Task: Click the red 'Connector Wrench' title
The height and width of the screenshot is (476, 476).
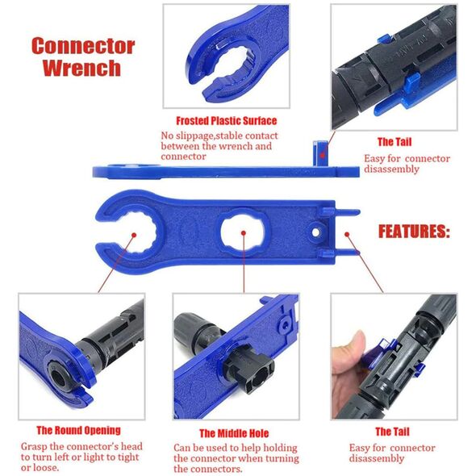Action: pyautogui.click(x=83, y=56)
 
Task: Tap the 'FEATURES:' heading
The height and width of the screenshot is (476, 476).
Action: pyautogui.click(x=414, y=232)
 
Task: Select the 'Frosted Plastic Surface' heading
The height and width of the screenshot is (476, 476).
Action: pyautogui.click(x=227, y=121)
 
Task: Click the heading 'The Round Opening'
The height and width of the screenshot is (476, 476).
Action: pyautogui.click(x=78, y=431)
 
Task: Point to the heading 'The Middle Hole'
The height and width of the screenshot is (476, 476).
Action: pyautogui.click(x=234, y=433)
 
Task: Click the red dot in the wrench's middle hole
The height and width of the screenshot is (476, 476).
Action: pyautogui.click(x=244, y=233)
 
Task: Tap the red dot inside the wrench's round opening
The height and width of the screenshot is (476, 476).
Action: pyautogui.click(x=134, y=235)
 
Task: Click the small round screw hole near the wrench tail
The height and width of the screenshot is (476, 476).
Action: pyautogui.click(x=315, y=232)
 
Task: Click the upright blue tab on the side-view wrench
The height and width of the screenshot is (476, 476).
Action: pyautogui.click(x=320, y=153)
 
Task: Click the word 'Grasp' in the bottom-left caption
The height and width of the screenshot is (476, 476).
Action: pyautogui.click(x=34, y=447)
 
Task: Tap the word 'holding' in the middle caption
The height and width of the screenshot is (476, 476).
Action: pyautogui.click(x=280, y=449)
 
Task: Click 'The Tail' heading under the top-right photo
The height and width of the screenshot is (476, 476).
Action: pyautogui.click(x=395, y=142)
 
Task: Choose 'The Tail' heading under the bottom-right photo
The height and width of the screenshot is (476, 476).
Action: pyautogui.click(x=392, y=432)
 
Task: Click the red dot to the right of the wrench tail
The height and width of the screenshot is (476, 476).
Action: pyautogui.click(x=347, y=234)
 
